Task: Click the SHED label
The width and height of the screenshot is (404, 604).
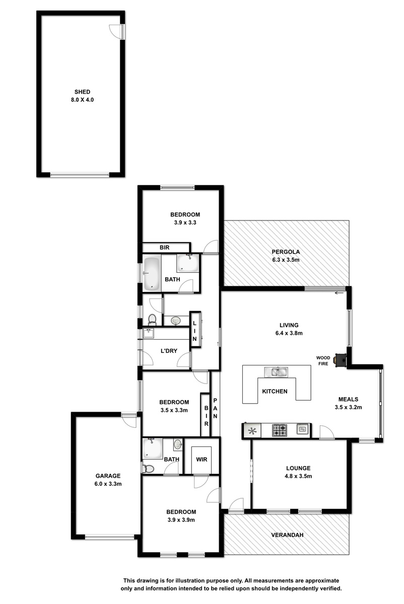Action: coord(82,92)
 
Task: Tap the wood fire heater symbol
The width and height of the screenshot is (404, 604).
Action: coord(341,360)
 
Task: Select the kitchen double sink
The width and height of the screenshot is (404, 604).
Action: coord(276,372)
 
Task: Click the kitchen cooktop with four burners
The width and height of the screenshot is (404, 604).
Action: coord(279,430)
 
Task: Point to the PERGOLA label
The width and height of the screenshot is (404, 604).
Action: coord(286,252)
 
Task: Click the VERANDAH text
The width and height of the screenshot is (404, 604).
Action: coord(287,535)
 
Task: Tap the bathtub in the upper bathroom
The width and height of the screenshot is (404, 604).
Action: coord(152,274)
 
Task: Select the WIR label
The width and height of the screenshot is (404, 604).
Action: coord(201,459)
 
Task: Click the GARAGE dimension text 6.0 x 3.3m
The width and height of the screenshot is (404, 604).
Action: coord(108,484)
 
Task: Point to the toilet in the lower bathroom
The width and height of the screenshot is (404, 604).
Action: coord(147,469)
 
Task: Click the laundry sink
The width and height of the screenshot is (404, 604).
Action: coord(148,333)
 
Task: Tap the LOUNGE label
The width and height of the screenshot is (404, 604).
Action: coord(298,468)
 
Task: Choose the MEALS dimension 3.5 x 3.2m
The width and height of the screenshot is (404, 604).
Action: coord(348,407)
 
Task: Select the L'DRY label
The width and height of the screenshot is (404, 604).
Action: coord(169,351)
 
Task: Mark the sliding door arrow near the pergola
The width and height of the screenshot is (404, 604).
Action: coord(340,293)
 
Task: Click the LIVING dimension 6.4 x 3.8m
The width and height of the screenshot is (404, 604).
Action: coord(289,333)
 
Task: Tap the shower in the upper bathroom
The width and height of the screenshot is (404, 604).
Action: coord(188,263)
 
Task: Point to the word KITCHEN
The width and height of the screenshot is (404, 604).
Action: coord(275,391)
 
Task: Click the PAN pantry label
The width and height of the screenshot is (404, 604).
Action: coord(215,408)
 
